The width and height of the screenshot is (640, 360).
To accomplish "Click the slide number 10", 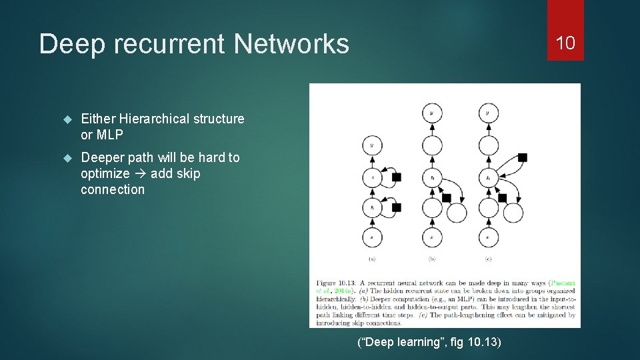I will [565, 43].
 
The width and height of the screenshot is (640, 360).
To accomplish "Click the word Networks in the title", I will [291, 44].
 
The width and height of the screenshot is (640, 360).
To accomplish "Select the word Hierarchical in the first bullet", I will [154, 119].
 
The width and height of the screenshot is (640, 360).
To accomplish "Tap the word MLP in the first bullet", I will [110, 135].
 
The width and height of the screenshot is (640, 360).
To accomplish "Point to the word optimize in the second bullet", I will [105, 173].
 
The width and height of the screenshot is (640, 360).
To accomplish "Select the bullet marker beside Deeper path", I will [67, 158].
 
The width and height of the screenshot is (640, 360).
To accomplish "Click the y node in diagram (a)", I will [371, 145].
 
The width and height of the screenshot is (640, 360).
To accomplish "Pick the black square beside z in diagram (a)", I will [397, 177].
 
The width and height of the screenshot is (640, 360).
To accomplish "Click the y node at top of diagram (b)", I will [431, 113].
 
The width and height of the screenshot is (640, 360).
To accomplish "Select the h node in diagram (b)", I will [431, 177].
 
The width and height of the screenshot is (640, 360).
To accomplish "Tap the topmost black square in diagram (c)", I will [522, 157].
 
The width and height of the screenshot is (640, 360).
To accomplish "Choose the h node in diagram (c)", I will [488, 177].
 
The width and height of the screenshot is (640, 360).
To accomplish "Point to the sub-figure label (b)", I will [431, 259].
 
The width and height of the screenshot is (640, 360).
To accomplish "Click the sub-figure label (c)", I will [488, 259].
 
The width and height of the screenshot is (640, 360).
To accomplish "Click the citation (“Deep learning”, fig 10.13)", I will [429, 343].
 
